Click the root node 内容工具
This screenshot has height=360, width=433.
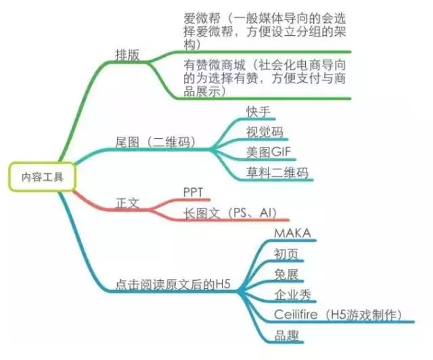pos(42,177)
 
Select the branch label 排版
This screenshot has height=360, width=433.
pos(127,55)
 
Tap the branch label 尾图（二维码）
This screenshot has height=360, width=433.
pos(155,142)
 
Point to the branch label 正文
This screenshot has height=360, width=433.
pos(127,203)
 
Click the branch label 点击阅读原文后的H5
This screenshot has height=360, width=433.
pos(173,284)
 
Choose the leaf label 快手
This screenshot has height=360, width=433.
pos(258,112)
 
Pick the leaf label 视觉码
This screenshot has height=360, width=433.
pos(265,132)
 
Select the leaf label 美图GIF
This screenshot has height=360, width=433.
pos(269,152)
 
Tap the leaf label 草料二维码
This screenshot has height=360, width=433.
pos(277,173)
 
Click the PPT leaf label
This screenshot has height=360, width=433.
pos(193,192)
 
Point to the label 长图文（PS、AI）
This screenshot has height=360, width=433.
pos(230,213)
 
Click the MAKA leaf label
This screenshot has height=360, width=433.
pos(292,233)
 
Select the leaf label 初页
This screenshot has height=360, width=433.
pos(286,254)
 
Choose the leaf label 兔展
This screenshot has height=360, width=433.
pos(286,274)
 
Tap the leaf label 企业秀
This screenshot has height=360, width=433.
pos(293,294)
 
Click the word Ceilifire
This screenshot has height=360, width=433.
pos(296,315)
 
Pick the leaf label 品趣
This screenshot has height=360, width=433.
pos(286,335)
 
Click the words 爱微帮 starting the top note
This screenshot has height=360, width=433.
pos(202,18)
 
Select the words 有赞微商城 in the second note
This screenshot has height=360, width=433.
pos(214,65)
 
